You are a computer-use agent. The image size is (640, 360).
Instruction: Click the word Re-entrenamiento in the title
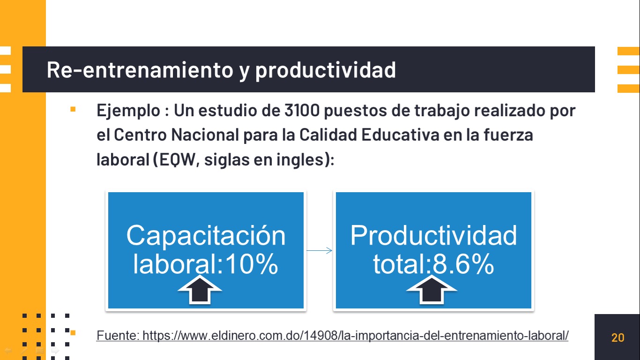pyautogui.click(x=140, y=70)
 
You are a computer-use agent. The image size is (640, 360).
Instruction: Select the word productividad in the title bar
pyautogui.click(x=326, y=70)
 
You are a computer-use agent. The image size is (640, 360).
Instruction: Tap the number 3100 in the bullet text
pyautogui.click(x=302, y=110)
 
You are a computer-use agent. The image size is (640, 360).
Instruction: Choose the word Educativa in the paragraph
pyautogui.click(x=400, y=135)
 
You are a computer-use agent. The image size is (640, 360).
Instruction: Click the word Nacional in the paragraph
pyautogui.click(x=205, y=135)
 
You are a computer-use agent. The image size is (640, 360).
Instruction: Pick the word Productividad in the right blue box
pyautogui.click(x=434, y=235)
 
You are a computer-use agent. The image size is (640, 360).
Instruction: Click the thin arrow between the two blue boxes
pyautogui.click(x=320, y=250)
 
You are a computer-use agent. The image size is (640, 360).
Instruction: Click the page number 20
pyautogui.click(x=618, y=337)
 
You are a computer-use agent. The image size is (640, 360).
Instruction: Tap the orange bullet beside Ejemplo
pyautogui.click(x=73, y=109)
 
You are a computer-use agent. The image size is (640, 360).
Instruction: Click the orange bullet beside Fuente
pyautogui.click(x=73, y=332)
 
